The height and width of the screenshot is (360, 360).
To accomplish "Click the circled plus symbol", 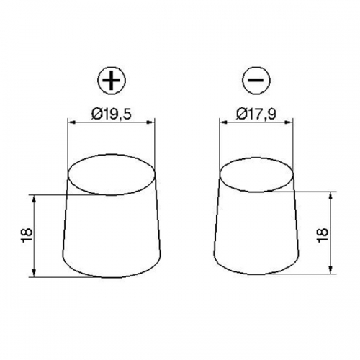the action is pyautogui.click(x=112, y=80).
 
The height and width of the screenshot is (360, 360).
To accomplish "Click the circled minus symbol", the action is pyautogui.click(x=256, y=80).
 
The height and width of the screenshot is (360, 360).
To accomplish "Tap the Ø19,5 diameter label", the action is pyautogui.click(x=112, y=114).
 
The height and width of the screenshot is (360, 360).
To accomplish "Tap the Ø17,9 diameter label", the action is pyautogui.click(x=256, y=114).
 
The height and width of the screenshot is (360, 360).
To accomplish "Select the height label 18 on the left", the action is pyautogui.click(x=27, y=235).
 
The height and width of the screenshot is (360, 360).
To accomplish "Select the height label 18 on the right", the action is pyautogui.click(x=323, y=235).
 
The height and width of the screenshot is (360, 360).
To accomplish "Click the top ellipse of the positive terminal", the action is pyautogui.click(x=68, y=174).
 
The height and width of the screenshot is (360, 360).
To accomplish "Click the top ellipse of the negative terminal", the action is pyautogui.click(x=220, y=175).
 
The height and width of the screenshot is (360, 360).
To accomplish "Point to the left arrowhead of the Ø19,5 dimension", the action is pyautogui.click(x=71, y=122).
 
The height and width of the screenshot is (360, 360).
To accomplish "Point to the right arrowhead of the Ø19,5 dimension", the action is pyautogui.click(x=150, y=122).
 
